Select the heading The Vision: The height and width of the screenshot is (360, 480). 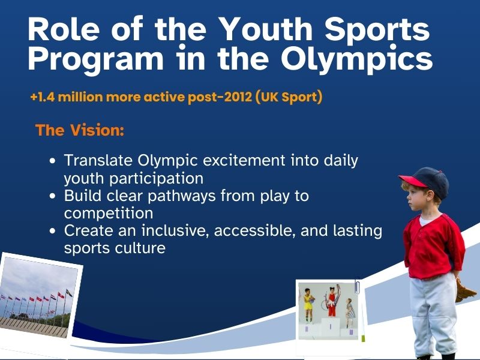[80, 130]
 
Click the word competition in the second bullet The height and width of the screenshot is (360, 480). [109, 213]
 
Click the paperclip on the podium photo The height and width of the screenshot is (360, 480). [357, 285]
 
